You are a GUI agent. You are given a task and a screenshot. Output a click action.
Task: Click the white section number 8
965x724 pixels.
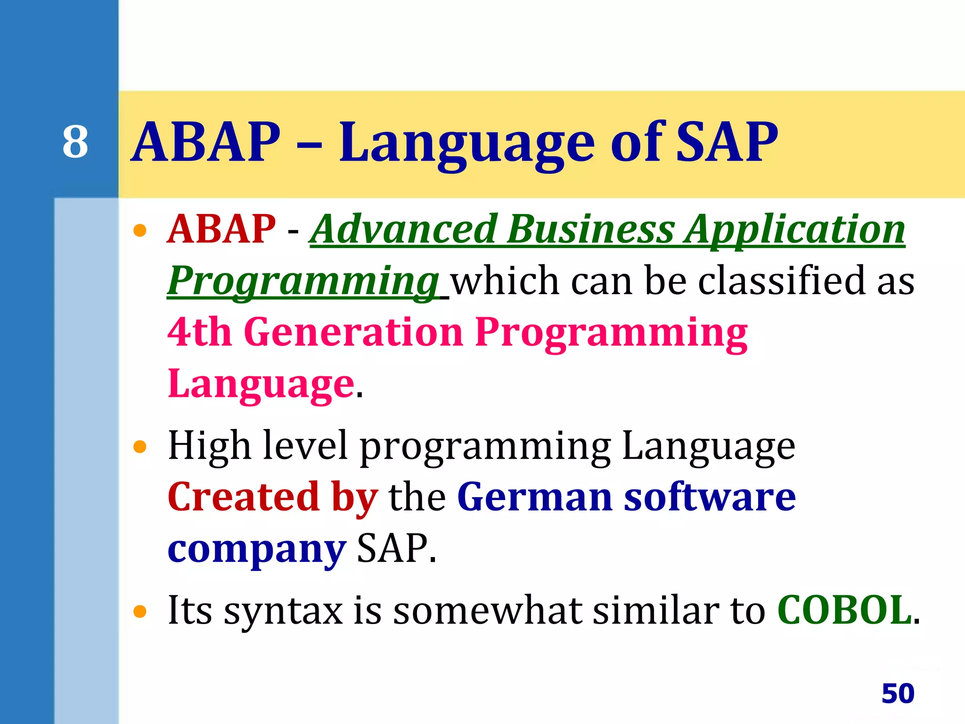75,142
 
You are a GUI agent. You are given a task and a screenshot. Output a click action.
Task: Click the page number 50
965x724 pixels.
898,693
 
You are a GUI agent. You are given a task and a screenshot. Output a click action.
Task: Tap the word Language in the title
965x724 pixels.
466,144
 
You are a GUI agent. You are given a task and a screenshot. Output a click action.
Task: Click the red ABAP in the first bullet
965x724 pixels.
221,229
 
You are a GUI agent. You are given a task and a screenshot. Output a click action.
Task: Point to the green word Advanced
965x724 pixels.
405,229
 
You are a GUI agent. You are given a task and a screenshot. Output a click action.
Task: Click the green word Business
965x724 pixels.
591,229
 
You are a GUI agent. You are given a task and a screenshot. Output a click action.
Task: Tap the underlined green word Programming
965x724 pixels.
303,281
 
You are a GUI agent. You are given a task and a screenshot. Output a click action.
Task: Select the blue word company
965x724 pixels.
257,550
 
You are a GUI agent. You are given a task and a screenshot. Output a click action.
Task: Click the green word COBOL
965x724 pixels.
844,610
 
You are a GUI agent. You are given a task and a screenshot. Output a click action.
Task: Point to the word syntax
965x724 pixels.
283,612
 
